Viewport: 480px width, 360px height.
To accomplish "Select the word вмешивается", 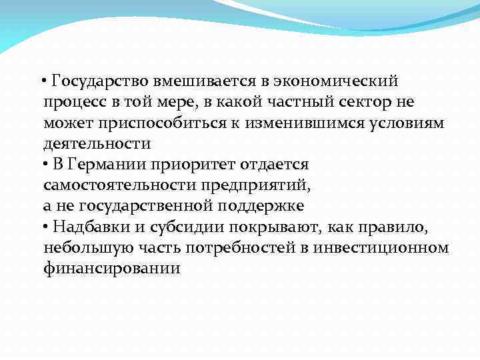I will coord(204,82).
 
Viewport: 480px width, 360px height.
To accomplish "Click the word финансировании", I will coord(112,268).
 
